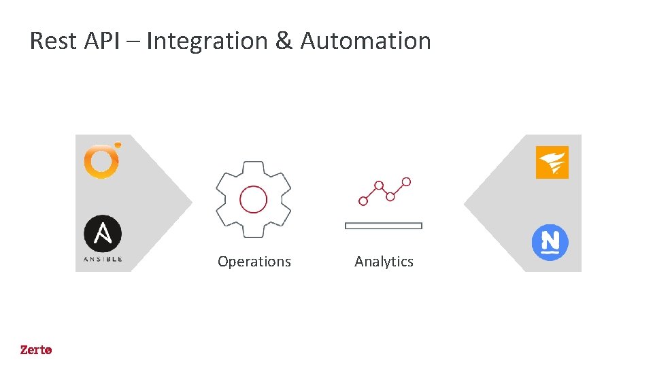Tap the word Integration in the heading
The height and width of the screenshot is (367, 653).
(x=207, y=42)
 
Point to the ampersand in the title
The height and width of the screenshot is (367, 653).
(x=284, y=41)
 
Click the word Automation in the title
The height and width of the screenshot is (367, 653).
(x=366, y=41)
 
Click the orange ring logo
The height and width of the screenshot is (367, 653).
(x=102, y=160)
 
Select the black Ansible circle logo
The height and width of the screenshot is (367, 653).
(x=103, y=234)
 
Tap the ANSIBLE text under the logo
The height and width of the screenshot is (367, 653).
(x=103, y=259)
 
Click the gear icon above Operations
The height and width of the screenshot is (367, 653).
(x=253, y=199)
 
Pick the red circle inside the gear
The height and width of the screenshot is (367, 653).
(x=253, y=200)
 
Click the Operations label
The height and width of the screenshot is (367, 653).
(x=254, y=262)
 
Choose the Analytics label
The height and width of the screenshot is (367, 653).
(x=384, y=262)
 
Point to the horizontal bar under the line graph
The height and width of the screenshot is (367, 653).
(x=384, y=226)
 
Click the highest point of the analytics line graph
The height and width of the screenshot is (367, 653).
(x=406, y=181)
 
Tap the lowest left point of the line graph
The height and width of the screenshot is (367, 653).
(x=363, y=201)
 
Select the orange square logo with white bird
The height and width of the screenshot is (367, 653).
(x=552, y=162)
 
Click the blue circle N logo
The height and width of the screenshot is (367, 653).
(x=550, y=242)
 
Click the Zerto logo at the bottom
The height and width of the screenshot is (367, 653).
(x=36, y=350)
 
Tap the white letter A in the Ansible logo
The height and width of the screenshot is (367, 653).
(x=103, y=234)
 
